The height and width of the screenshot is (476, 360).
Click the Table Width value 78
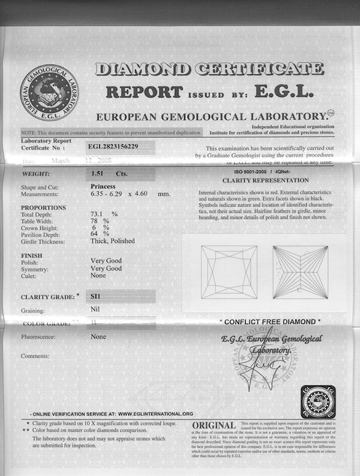(95, 221)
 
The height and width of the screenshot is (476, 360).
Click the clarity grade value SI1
(96, 296)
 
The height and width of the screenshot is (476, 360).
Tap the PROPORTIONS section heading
(43, 208)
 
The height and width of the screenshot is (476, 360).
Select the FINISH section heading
(31, 254)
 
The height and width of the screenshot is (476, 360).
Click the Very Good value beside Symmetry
(106, 268)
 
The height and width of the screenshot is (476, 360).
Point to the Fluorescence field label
(41, 336)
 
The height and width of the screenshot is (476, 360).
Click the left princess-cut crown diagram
(229, 272)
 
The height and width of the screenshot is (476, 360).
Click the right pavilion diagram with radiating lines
(300, 272)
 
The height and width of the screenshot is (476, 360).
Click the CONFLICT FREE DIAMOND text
(270, 321)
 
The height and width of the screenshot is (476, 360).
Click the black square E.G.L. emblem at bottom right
(318, 402)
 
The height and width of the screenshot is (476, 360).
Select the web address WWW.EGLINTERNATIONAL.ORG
(155, 414)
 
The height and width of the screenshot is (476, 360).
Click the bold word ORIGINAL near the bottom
(213, 426)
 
